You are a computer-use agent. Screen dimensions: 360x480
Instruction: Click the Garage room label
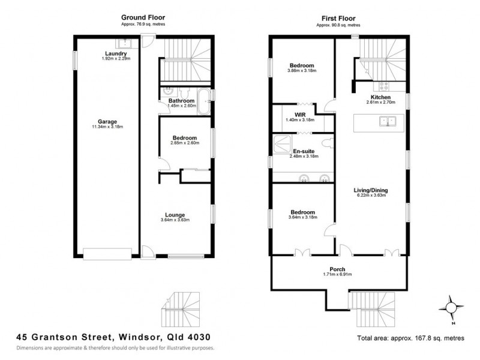(108, 121)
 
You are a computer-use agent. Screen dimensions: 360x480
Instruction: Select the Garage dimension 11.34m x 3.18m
(108, 127)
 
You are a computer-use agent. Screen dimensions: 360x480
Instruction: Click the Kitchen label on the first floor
(380, 97)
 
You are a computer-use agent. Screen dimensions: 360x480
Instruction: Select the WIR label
(301, 114)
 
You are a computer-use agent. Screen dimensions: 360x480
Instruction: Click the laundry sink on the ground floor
(127, 42)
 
